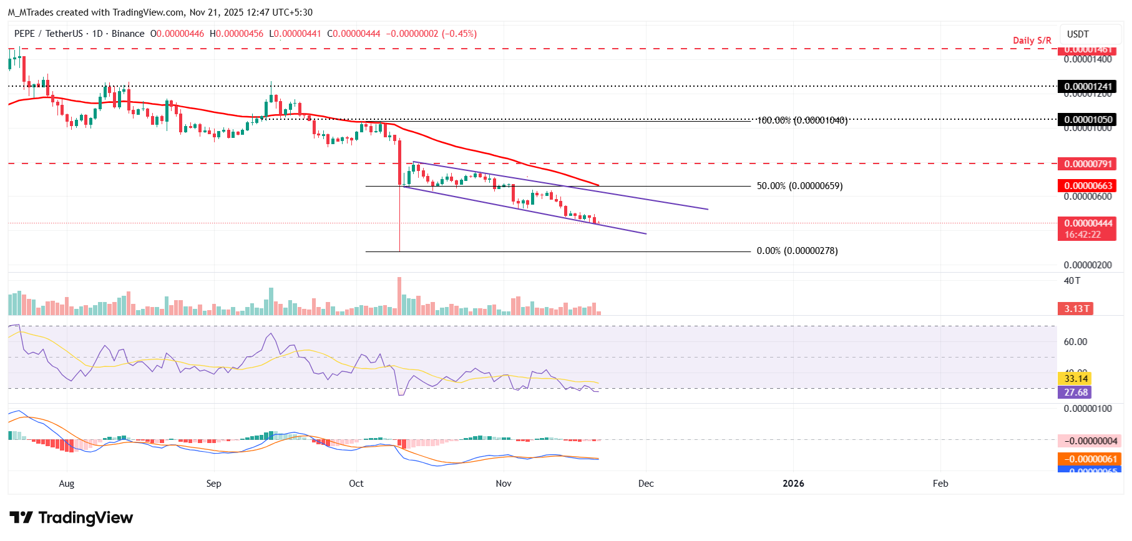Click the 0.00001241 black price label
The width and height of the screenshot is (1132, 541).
[x=1087, y=87]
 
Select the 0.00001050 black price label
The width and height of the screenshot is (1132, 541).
[x=1087, y=120]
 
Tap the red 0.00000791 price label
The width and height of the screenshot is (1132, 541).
[x=1087, y=164]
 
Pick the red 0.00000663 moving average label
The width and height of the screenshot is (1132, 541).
[x=1087, y=186]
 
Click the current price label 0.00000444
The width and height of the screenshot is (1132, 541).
[x=1087, y=223]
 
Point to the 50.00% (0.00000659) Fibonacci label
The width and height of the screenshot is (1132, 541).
[x=799, y=186]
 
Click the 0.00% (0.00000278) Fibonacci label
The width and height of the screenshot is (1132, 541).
[x=797, y=251]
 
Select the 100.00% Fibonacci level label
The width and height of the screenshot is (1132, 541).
[x=802, y=120]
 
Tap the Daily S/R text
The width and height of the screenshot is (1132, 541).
[x=1032, y=41]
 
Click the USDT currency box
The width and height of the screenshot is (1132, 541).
[x=1078, y=34]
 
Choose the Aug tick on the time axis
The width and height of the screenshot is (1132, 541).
[x=67, y=484]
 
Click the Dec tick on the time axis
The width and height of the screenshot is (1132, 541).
[x=646, y=484]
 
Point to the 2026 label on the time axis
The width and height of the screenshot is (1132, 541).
[x=793, y=484]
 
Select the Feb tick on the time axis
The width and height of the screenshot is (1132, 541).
[x=940, y=484]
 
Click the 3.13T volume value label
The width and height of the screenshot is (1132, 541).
[x=1076, y=309]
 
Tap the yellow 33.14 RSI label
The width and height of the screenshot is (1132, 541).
[x=1076, y=379]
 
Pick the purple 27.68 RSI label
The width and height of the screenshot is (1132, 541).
[x=1076, y=392]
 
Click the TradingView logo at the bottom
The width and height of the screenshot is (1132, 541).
[x=72, y=518]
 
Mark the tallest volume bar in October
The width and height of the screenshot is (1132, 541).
[x=399, y=296]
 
